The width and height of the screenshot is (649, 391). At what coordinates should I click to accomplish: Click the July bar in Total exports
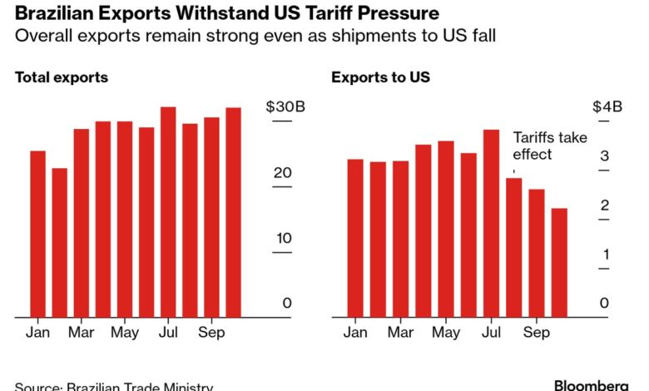[x=168, y=212]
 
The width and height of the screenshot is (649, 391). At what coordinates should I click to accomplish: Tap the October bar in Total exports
[x=233, y=212]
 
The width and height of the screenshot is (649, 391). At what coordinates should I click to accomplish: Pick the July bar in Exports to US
[x=491, y=223]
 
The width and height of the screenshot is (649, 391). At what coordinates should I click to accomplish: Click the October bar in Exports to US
[x=559, y=262]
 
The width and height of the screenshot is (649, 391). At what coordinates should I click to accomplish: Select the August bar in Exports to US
[x=513, y=247]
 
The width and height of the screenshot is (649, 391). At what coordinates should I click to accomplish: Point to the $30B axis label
[x=279, y=106]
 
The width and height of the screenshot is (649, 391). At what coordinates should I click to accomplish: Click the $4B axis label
[x=607, y=106]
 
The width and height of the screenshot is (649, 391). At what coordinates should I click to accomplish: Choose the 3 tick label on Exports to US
[x=606, y=156]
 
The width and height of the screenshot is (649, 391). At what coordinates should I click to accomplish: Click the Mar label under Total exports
[x=81, y=333]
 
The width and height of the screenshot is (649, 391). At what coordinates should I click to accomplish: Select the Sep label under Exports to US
[x=537, y=333]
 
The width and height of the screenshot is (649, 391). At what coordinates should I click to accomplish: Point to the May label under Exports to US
[x=446, y=333]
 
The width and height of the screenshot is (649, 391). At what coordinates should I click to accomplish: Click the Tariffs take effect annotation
[x=543, y=146]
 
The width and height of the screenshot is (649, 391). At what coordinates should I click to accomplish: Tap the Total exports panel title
[x=62, y=77]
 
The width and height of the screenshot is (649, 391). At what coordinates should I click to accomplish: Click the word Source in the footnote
[x=37, y=387]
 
